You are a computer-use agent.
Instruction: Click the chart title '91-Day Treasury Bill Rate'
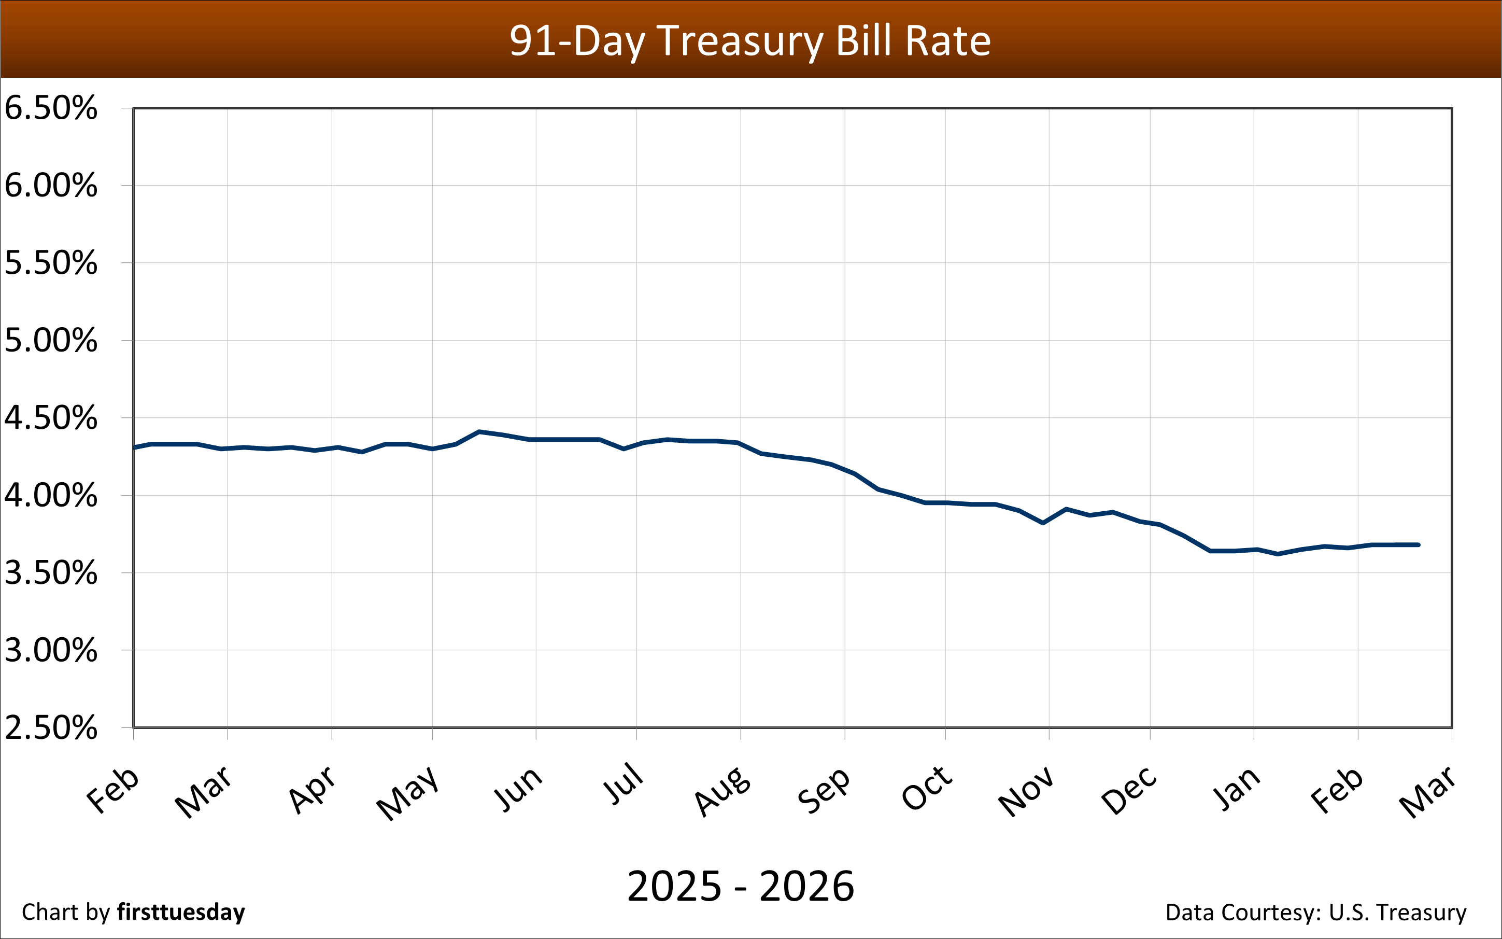(x=750, y=41)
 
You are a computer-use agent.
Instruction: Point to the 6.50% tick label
(x=51, y=108)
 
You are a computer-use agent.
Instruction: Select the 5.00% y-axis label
(x=51, y=340)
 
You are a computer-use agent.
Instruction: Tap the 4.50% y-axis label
(x=51, y=418)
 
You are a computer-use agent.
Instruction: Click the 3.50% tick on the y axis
(x=51, y=572)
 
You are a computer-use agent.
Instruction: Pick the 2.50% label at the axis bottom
(x=51, y=727)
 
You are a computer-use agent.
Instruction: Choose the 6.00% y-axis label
(x=51, y=186)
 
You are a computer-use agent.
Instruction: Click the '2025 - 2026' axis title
(x=741, y=886)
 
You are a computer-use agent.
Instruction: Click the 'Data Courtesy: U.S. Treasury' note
(x=1316, y=912)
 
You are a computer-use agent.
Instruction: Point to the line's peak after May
(x=478, y=431)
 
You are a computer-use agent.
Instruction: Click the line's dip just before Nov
(x=1043, y=523)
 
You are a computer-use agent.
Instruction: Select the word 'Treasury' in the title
(x=740, y=41)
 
